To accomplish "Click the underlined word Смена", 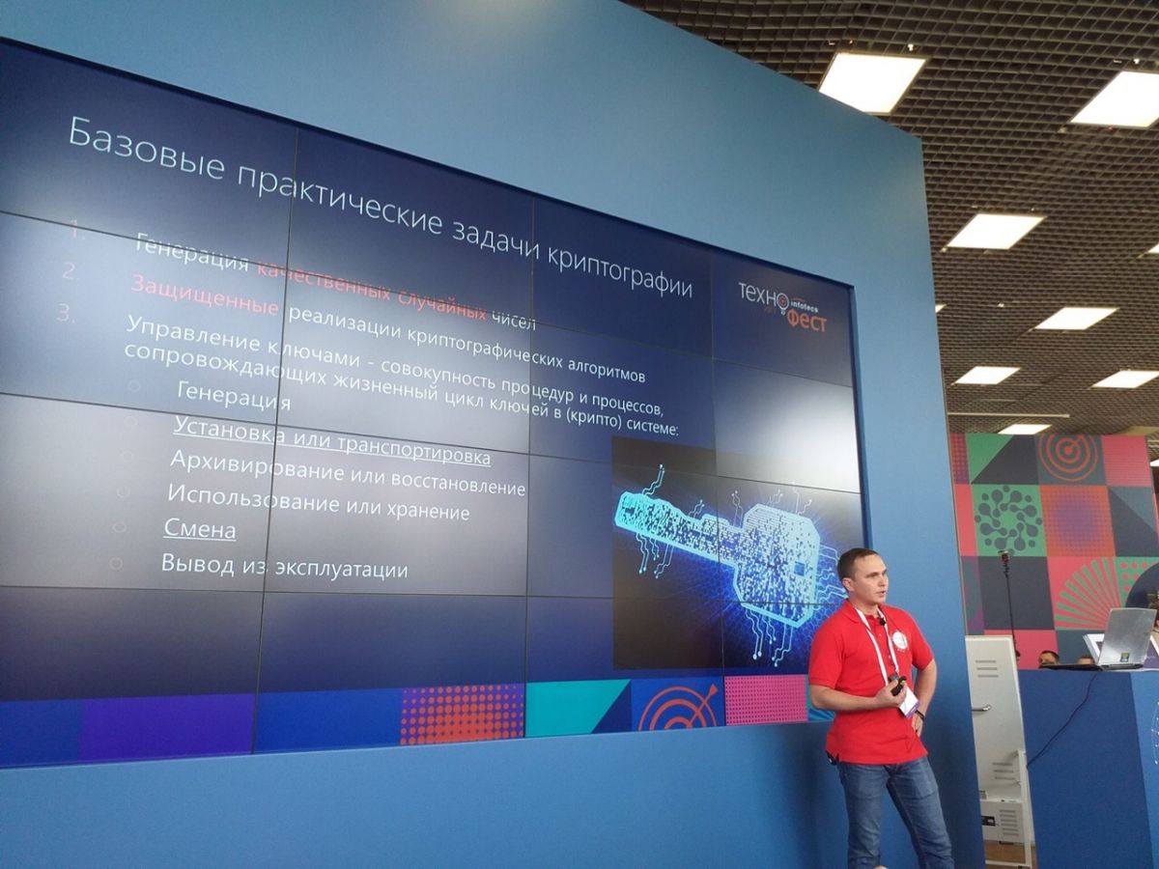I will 200,529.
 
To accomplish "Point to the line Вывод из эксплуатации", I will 284,566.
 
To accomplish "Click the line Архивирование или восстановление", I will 347,474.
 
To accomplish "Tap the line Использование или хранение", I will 318,501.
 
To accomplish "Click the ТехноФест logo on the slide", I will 782,306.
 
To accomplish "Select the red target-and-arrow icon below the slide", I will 676,706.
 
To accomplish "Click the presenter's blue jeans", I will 893,806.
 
